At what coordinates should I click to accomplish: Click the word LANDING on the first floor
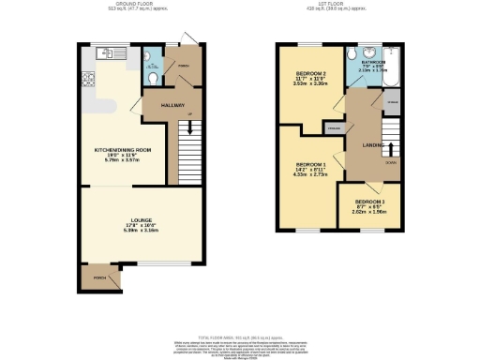tap(364, 143)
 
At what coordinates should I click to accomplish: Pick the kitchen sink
tap(118, 53)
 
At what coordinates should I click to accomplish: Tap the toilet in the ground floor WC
tap(153, 80)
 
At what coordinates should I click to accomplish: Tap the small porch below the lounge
tap(100, 278)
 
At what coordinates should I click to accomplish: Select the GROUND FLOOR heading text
tap(127, 4)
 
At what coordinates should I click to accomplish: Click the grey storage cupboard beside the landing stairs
tap(391, 101)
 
